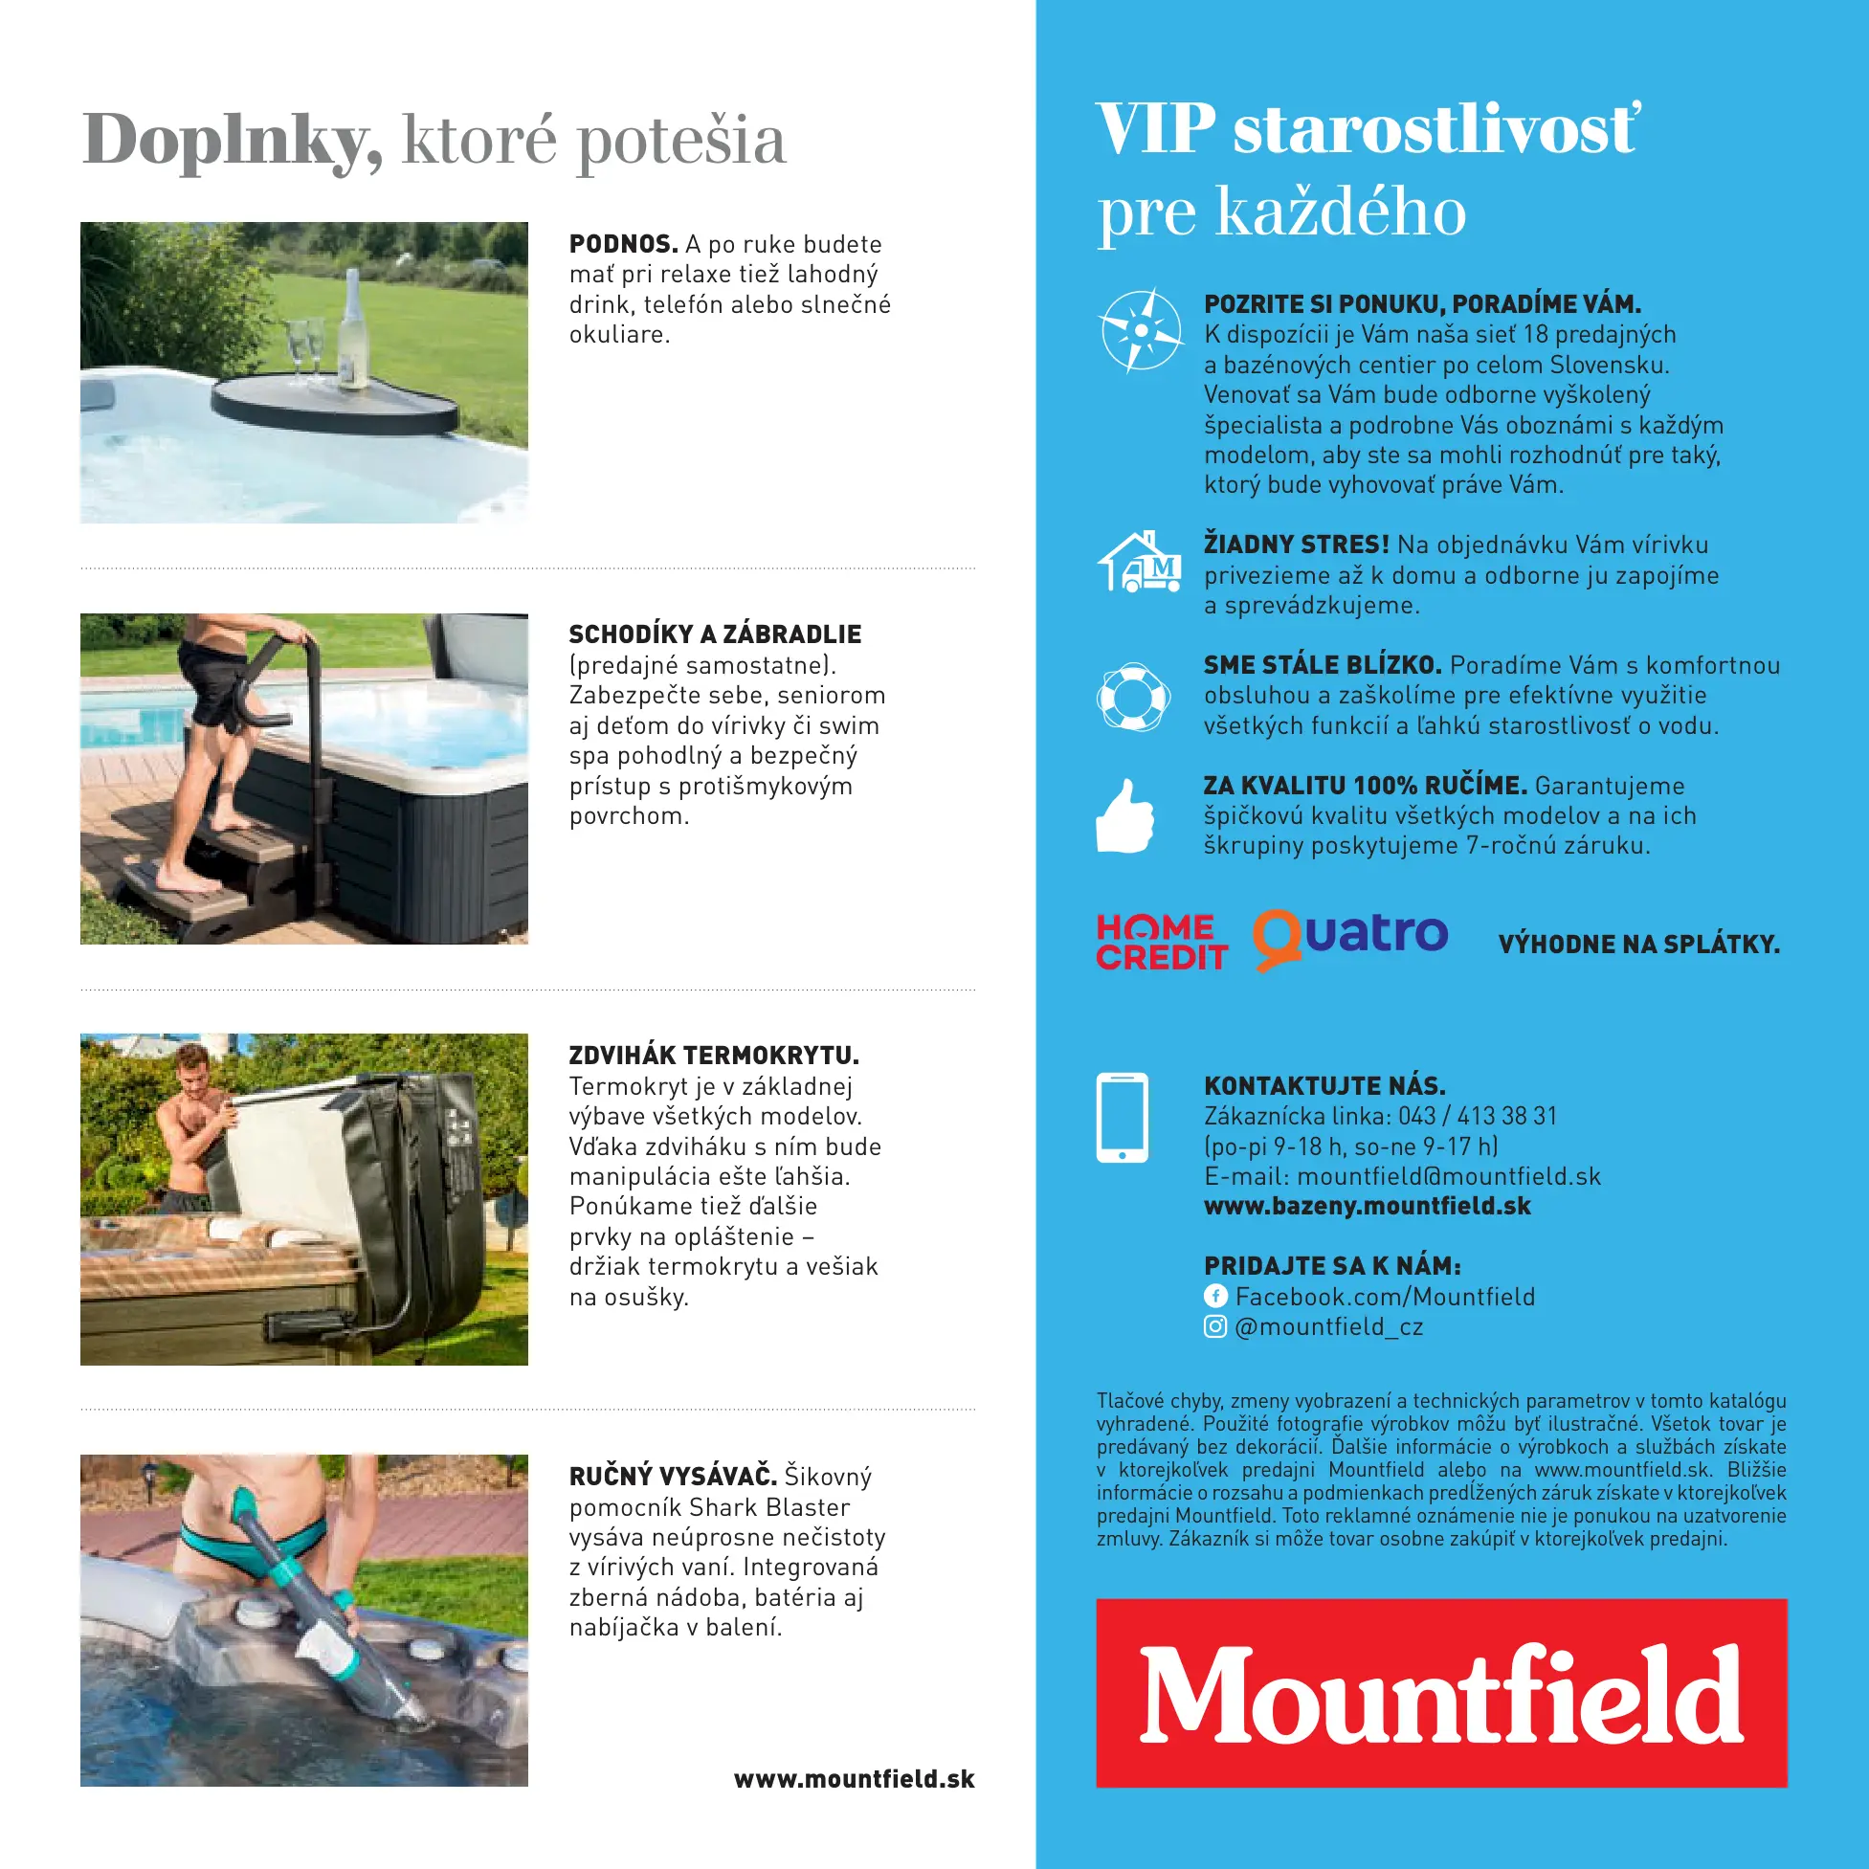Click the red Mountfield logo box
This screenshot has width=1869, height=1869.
pyautogui.click(x=1440, y=1692)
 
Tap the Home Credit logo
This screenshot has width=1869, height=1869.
pyautogui.click(x=1161, y=941)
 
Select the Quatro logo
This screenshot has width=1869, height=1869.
pyautogui.click(x=1350, y=938)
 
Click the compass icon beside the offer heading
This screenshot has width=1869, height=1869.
pyautogui.click(x=1141, y=330)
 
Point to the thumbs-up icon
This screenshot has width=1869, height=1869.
pyautogui.click(x=1125, y=816)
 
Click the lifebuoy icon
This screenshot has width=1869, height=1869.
pyautogui.click(x=1133, y=696)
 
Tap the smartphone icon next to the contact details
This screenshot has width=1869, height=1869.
pyautogui.click(x=1123, y=1117)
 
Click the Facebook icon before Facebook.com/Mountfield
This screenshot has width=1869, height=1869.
pyautogui.click(x=1215, y=1296)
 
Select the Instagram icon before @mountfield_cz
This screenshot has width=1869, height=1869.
pyautogui.click(x=1215, y=1326)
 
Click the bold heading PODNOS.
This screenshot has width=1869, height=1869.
pyautogui.click(x=623, y=244)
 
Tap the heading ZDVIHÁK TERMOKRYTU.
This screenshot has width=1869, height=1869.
pyautogui.click(x=714, y=1055)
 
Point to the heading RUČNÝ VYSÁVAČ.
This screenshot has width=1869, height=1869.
pyautogui.click(x=673, y=1477)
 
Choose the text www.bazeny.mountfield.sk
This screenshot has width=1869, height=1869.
pyautogui.click(x=1367, y=1207)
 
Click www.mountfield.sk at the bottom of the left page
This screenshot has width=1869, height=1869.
pyautogui.click(x=854, y=1779)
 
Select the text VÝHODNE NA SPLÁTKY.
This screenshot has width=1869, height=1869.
pyautogui.click(x=1638, y=945)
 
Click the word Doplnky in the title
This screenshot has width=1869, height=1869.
pyautogui.click(x=233, y=141)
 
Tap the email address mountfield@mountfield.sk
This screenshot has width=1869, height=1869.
pyautogui.click(x=1448, y=1176)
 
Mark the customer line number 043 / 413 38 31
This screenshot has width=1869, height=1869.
pyautogui.click(x=1478, y=1116)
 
